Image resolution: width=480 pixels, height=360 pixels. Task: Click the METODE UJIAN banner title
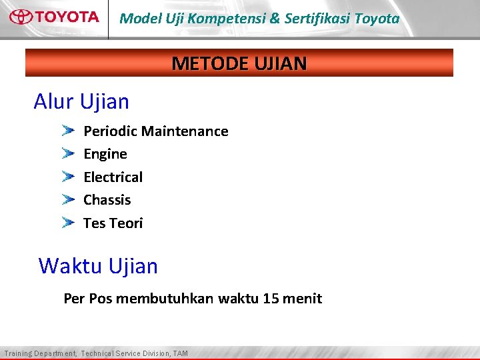point(239,63)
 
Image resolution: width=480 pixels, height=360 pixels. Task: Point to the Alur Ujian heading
point(81,102)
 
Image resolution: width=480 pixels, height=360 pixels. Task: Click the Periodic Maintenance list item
point(155,131)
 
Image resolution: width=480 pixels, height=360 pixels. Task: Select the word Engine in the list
point(105,154)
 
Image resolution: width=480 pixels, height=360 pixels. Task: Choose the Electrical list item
point(113,177)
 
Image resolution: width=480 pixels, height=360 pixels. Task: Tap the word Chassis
point(107,200)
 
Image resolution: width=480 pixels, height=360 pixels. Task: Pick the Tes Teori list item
point(113,223)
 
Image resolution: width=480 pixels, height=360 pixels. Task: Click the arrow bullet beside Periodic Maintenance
point(68,131)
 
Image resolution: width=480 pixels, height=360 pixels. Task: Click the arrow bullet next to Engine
point(68,153)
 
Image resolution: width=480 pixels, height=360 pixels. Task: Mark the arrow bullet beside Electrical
point(68,177)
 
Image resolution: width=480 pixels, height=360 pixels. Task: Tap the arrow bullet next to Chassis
point(68,199)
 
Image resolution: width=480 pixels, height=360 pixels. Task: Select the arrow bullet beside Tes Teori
point(68,223)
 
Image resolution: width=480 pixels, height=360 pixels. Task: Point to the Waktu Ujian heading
point(98,266)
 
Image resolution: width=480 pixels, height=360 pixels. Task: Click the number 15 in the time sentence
point(271,299)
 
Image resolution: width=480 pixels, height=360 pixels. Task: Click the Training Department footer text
point(96,353)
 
